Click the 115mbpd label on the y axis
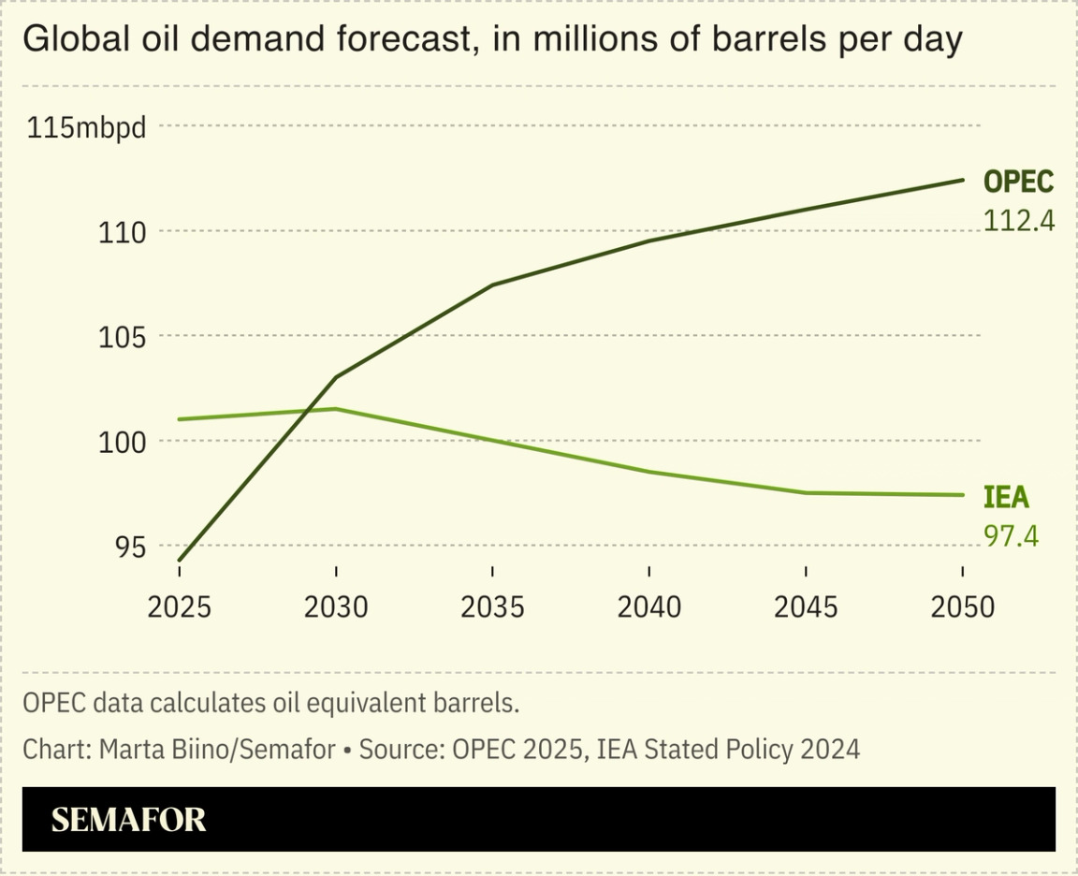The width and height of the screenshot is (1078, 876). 87,127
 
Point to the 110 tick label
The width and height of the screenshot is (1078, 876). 123,232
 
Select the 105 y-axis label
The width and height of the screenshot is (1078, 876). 123,337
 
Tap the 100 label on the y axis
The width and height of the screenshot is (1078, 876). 123,442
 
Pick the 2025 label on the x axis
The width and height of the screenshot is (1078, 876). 179,607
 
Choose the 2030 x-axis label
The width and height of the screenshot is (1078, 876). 336,607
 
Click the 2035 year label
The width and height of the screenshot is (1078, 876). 492,607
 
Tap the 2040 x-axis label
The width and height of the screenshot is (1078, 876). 649,607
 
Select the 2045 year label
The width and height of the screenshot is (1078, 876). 807,607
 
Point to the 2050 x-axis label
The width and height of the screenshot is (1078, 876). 963,607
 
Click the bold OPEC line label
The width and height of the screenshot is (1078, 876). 1018,182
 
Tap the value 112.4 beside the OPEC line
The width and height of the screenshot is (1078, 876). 1019,221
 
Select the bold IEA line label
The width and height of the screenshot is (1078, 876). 1006,497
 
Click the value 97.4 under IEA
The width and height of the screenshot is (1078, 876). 1011,536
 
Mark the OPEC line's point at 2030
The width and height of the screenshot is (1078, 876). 336,377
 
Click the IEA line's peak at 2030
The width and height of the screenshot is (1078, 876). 336,409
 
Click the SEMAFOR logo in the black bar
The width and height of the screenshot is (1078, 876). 128,820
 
